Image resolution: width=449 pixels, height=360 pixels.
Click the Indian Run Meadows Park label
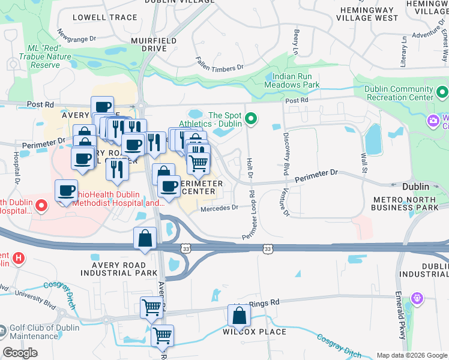tap(295, 80)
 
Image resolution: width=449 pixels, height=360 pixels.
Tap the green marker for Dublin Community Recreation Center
tap(442, 92)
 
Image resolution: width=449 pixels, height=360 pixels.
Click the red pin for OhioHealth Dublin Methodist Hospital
tap(41, 206)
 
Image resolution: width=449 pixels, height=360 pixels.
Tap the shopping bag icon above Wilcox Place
tap(239, 315)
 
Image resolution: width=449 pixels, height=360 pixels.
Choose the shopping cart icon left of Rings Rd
tap(151, 308)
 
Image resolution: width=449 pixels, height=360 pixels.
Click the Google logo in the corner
tap(20, 353)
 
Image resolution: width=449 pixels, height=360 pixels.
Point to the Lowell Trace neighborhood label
tap(105, 17)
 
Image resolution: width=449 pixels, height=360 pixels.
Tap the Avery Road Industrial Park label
tap(125, 269)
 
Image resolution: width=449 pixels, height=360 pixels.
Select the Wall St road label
tap(363, 161)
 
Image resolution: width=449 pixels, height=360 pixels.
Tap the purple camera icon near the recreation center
tap(433, 121)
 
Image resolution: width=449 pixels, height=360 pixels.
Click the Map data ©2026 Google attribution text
tap(411, 355)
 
